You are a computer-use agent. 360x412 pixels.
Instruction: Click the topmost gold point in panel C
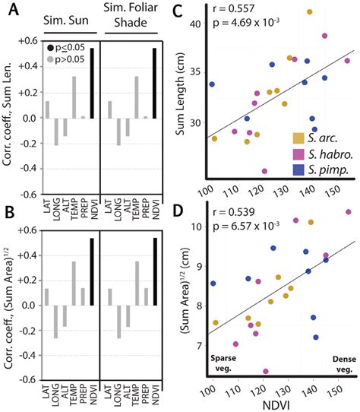coord(309,12)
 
